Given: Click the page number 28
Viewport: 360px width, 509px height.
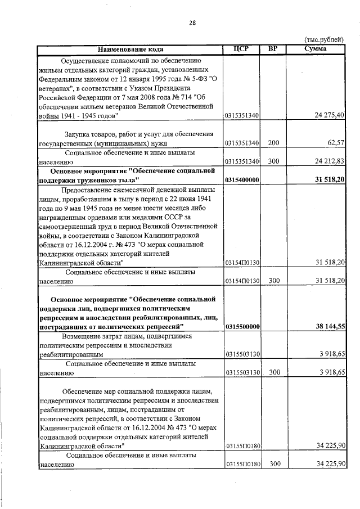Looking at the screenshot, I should pos(192,23).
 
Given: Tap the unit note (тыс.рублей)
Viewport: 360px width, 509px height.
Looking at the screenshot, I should pos(323,40).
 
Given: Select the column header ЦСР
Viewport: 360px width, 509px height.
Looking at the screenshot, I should pos(240,49).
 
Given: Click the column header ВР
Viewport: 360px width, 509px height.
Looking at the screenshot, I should pos(273,49).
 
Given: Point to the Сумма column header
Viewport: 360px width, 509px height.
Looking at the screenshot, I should pos(315,49).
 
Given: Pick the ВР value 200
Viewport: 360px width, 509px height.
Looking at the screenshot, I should pos(273,143).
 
